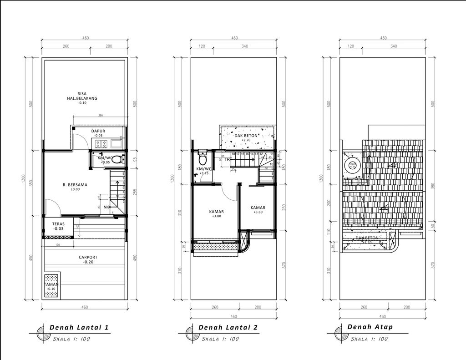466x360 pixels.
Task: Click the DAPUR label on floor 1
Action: [x=98, y=131]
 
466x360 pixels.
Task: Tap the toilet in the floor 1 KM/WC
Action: [x=117, y=159]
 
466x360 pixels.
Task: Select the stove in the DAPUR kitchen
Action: [x=101, y=144]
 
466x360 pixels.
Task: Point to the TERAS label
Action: [x=58, y=224]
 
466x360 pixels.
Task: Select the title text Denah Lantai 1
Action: [x=79, y=327]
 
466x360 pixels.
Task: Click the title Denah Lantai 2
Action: [x=228, y=327]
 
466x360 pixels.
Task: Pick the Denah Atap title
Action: [x=370, y=327]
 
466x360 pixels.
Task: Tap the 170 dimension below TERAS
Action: [x=57, y=245]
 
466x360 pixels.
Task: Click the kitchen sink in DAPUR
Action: [x=116, y=144]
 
